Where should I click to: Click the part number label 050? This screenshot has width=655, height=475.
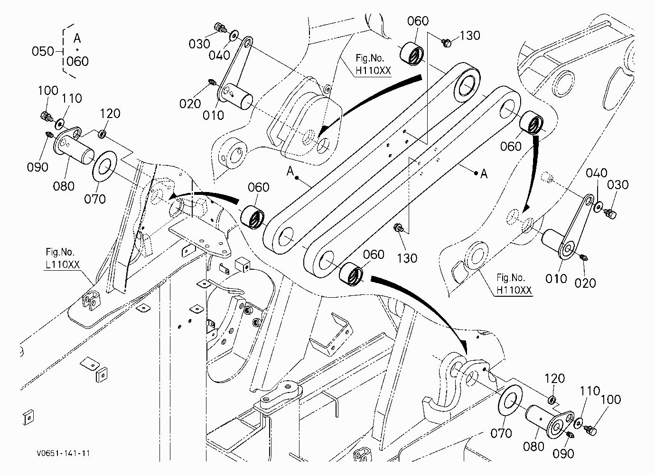click(43, 51)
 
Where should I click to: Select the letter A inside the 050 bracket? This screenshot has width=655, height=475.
click(77, 38)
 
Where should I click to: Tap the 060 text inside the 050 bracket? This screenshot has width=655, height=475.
click(77, 61)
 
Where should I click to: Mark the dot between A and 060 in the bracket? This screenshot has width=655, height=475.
click(77, 50)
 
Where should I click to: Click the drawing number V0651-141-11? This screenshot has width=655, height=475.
click(63, 453)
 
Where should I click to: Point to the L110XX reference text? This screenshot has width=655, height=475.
click(63, 265)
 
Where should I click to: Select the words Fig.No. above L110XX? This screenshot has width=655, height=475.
click(60, 252)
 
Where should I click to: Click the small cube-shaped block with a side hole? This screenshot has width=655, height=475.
click(243, 264)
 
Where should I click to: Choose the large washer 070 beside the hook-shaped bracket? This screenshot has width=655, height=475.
click(510, 400)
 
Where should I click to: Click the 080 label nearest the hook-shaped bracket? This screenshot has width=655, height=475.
click(533, 447)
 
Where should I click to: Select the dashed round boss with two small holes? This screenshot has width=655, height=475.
click(234, 153)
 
